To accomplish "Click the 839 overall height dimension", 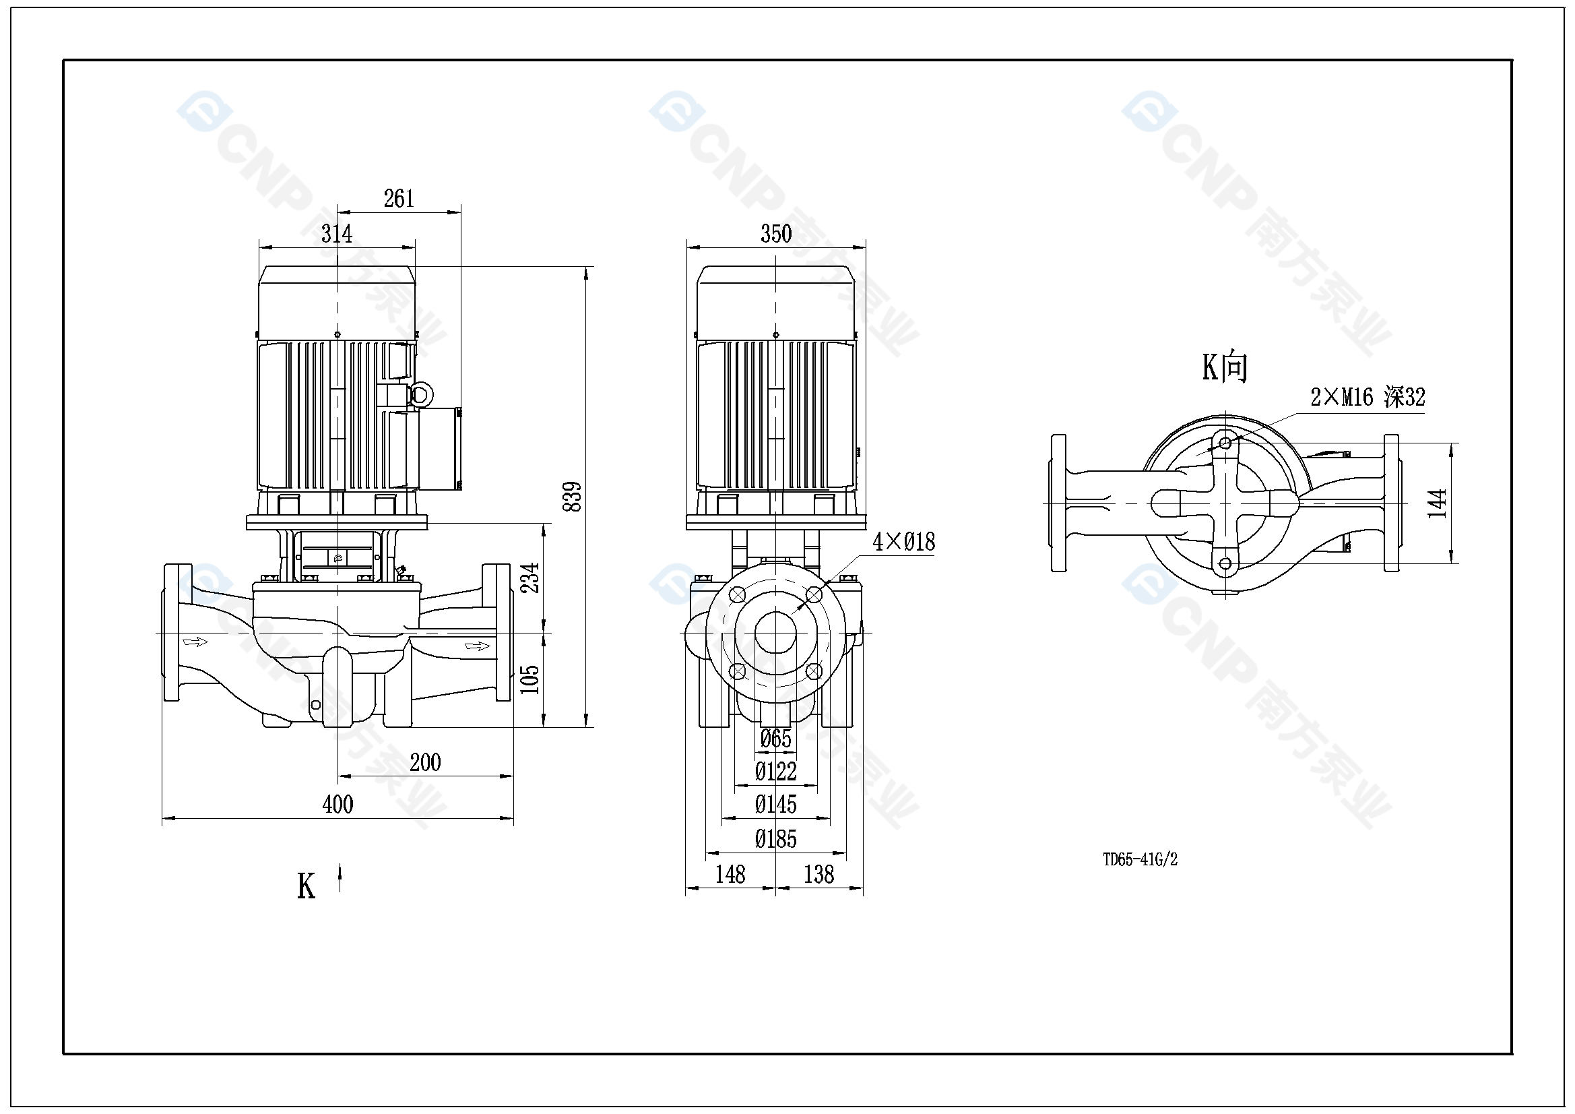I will coord(572,496).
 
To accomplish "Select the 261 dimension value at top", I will coord(399,199).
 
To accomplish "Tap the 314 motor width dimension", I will coord(337,234).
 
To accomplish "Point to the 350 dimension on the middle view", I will coord(776,234).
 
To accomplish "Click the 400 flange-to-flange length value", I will coord(337,805).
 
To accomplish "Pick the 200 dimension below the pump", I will coord(425,763).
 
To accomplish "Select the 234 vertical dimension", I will coord(530,578).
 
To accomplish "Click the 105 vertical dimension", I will coord(530,679).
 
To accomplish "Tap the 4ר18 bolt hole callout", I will coord(903,543).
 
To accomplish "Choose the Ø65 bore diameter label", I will coord(776,739).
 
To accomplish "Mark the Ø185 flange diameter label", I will coord(776,840).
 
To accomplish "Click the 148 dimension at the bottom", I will coord(730,875).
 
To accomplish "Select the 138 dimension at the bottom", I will coord(818,875).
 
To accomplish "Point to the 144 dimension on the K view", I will coord(1436,503).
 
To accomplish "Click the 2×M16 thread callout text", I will coord(1367,398).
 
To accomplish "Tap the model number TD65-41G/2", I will coord(1140,859).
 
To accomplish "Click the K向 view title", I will coord(1225,367).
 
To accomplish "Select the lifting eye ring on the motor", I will coord(420,395).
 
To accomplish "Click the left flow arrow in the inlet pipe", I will coord(195,642).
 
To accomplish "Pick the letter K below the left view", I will coord(306,886).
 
